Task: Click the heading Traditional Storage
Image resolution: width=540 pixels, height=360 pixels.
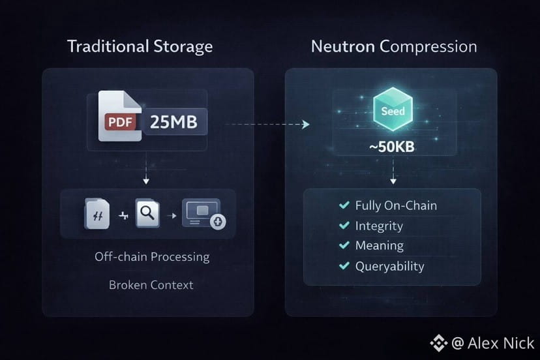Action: pos(140,47)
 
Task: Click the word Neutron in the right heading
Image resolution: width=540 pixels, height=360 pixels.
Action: pos(343,47)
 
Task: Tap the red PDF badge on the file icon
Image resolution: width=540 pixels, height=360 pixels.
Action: pos(121,121)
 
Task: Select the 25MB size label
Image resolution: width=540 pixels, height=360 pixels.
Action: pos(173,121)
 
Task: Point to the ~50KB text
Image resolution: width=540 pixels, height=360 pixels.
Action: pos(392,147)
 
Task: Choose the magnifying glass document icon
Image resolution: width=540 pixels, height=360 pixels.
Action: pos(147,215)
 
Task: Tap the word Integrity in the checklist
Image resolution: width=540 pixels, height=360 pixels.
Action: pos(379,226)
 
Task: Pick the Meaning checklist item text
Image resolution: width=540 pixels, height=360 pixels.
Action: pos(379,246)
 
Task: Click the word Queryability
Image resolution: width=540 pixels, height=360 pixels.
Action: pos(389,266)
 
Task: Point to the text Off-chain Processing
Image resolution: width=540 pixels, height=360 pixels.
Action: pos(152,256)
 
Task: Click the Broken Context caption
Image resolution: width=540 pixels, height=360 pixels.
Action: pos(151,285)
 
